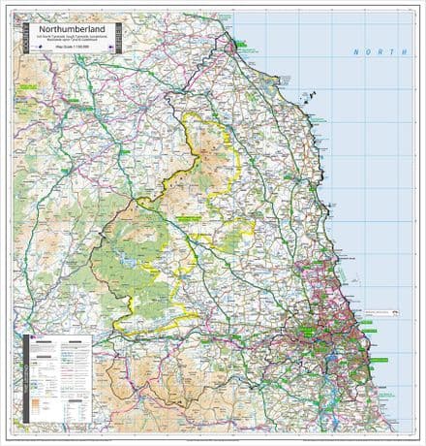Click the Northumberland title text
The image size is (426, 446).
click(68, 29)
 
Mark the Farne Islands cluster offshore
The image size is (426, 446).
click(313, 96)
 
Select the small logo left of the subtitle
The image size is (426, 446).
click(35, 43)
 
